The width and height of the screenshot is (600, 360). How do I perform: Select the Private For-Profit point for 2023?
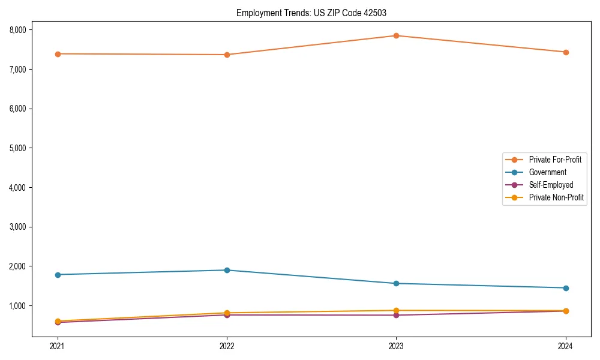(x=396, y=35)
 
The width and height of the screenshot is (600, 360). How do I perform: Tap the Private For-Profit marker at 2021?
(x=58, y=54)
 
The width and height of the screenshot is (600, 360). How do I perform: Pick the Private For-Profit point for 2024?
(x=566, y=52)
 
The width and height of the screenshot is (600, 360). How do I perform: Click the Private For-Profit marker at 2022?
(x=227, y=55)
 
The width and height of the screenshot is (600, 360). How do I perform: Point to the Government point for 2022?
(x=227, y=270)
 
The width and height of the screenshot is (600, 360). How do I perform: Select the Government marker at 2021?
(x=58, y=275)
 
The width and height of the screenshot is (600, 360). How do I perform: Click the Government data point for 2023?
(x=396, y=283)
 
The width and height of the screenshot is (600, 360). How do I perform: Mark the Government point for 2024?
(x=566, y=288)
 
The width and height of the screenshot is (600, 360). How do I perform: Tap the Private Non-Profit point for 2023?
(x=396, y=310)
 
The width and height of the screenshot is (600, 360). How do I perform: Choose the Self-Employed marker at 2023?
(x=396, y=316)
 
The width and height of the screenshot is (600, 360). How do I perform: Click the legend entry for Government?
(x=547, y=172)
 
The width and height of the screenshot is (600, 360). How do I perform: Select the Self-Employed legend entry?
(x=551, y=185)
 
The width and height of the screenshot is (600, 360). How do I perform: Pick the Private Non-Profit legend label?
(x=556, y=197)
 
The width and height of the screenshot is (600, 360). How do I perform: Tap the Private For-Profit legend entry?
(x=555, y=160)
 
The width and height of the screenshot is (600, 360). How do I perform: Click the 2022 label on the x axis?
(x=227, y=346)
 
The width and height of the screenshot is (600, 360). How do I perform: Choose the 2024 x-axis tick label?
(x=566, y=346)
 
